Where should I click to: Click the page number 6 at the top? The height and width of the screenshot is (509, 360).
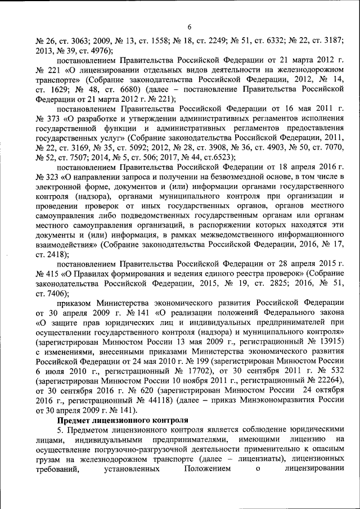click(x=190, y=27)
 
